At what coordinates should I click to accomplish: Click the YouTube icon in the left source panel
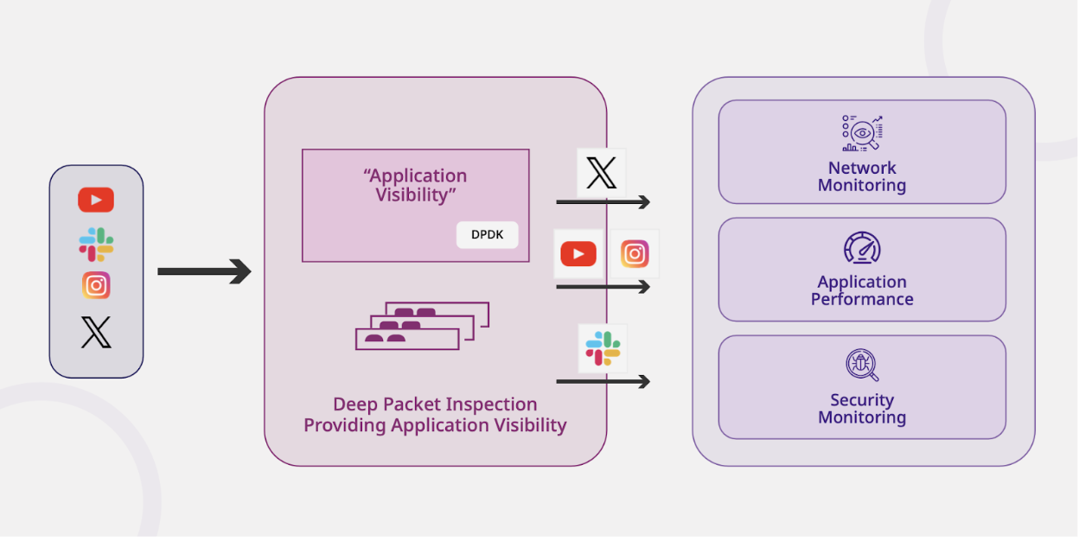pos(96,200)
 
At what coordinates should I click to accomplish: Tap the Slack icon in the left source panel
pos(96,245)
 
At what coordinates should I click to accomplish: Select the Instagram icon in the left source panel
pos(96,285)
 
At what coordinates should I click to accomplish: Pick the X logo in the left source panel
pos(96,332)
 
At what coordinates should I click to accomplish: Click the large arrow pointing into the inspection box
pos(204,272)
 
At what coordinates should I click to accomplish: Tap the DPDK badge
pos(487,235)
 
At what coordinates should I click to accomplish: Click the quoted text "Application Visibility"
pos(415,186)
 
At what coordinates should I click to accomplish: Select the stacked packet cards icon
pos(422,326)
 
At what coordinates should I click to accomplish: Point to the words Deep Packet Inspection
pos(435,404)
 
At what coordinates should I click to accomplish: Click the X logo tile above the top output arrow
pos(601,173)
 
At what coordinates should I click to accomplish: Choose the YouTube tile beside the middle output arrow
pos(578,254)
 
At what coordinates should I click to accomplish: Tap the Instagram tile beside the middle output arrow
pos(635,254)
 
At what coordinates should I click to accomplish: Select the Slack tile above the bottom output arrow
pos(603,347)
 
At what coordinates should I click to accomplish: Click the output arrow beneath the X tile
pos(603,202)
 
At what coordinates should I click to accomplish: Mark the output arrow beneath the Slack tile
pos(603,381)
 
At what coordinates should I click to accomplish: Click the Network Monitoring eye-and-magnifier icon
pos(862,134)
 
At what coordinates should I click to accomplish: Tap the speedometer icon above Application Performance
pos(862,249)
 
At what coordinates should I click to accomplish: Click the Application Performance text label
pos(862,290)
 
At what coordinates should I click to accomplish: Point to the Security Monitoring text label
pos(862,409)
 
